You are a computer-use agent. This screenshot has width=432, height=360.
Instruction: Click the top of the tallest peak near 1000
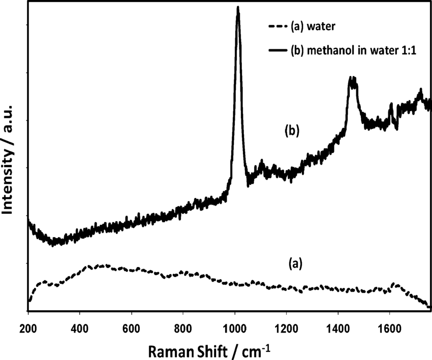(x=237, y=8)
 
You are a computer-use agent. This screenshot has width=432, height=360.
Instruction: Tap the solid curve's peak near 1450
(x=352, y=79)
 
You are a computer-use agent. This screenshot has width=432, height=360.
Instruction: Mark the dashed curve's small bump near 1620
(x=396, y=284)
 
